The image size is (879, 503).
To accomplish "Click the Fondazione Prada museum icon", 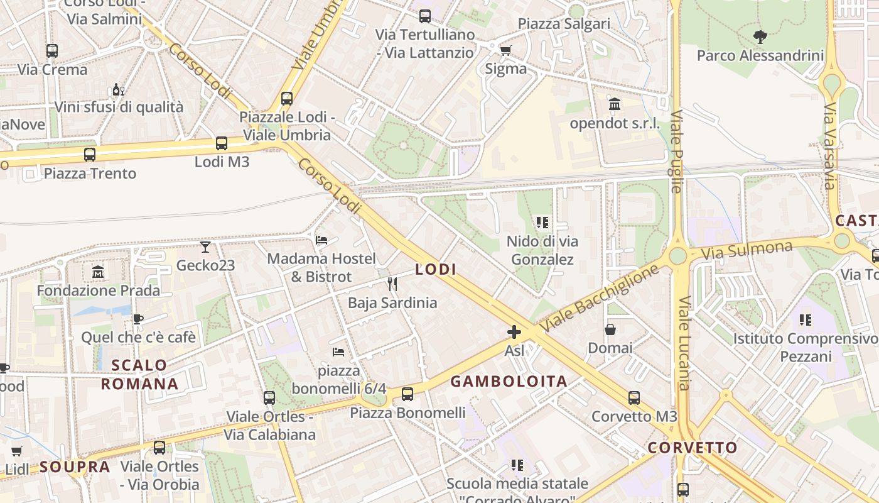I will (98, 272).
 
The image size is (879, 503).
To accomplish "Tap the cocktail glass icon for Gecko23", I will (205, 246).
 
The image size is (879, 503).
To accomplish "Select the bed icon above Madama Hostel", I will (321, 240).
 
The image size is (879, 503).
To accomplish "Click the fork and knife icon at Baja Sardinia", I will (392, 284).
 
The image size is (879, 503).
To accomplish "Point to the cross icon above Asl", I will (514, 332).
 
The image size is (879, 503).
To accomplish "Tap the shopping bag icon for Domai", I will (610, 329).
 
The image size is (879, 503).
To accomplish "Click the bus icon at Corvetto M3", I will (634, 398).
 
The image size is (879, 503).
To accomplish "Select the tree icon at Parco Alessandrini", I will (760, 36).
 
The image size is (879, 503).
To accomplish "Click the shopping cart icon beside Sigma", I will (505, 50).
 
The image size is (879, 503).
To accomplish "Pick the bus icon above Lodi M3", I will (222, 143).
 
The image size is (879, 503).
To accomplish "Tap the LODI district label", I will (436, 270).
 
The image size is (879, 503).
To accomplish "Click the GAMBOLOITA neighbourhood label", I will (509, 381).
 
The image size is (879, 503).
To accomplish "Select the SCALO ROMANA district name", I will (139, 375).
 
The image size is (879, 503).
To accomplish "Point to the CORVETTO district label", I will (693, 448).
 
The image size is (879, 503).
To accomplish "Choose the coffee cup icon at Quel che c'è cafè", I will (138, 319).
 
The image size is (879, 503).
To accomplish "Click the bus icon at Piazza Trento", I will (90, 155).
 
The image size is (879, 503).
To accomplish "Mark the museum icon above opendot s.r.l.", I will (615, 104).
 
